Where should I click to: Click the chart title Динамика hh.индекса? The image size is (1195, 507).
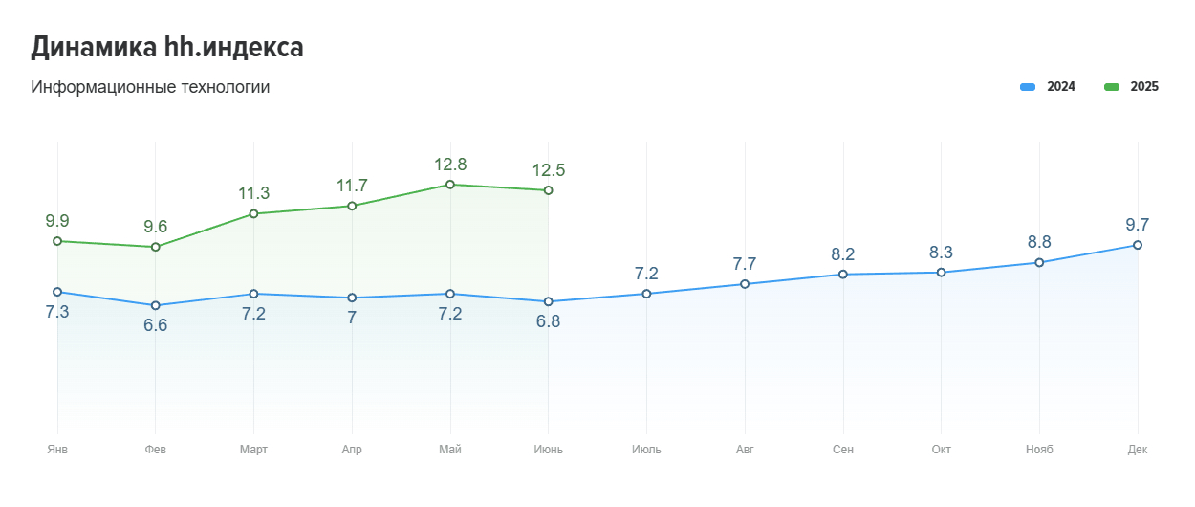[167, 47]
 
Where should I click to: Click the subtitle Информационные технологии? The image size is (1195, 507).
[150, 87]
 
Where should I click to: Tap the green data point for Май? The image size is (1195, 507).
[449, 185]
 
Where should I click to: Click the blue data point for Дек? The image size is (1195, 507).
[1138, 245]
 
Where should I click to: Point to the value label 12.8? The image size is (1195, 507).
[449, 165]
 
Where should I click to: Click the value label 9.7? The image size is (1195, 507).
[1138, 225]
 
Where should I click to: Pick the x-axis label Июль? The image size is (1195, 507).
[646, 450]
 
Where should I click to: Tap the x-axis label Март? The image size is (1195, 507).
[253, 450]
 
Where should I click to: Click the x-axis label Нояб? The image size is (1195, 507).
[1039, 450]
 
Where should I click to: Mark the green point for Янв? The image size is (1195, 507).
[57, 241]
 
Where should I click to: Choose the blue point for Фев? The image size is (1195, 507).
[155, 305]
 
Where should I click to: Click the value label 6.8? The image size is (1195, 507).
[548, 321]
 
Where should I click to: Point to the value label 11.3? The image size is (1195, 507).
[253, 193]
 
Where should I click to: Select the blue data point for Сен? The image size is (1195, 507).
[843, 275]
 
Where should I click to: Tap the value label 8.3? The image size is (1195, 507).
[942, 253]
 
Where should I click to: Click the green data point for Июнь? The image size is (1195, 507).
[548, 190]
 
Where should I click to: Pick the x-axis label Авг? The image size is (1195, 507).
[745, 450]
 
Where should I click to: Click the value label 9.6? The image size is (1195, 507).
[155, 227]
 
